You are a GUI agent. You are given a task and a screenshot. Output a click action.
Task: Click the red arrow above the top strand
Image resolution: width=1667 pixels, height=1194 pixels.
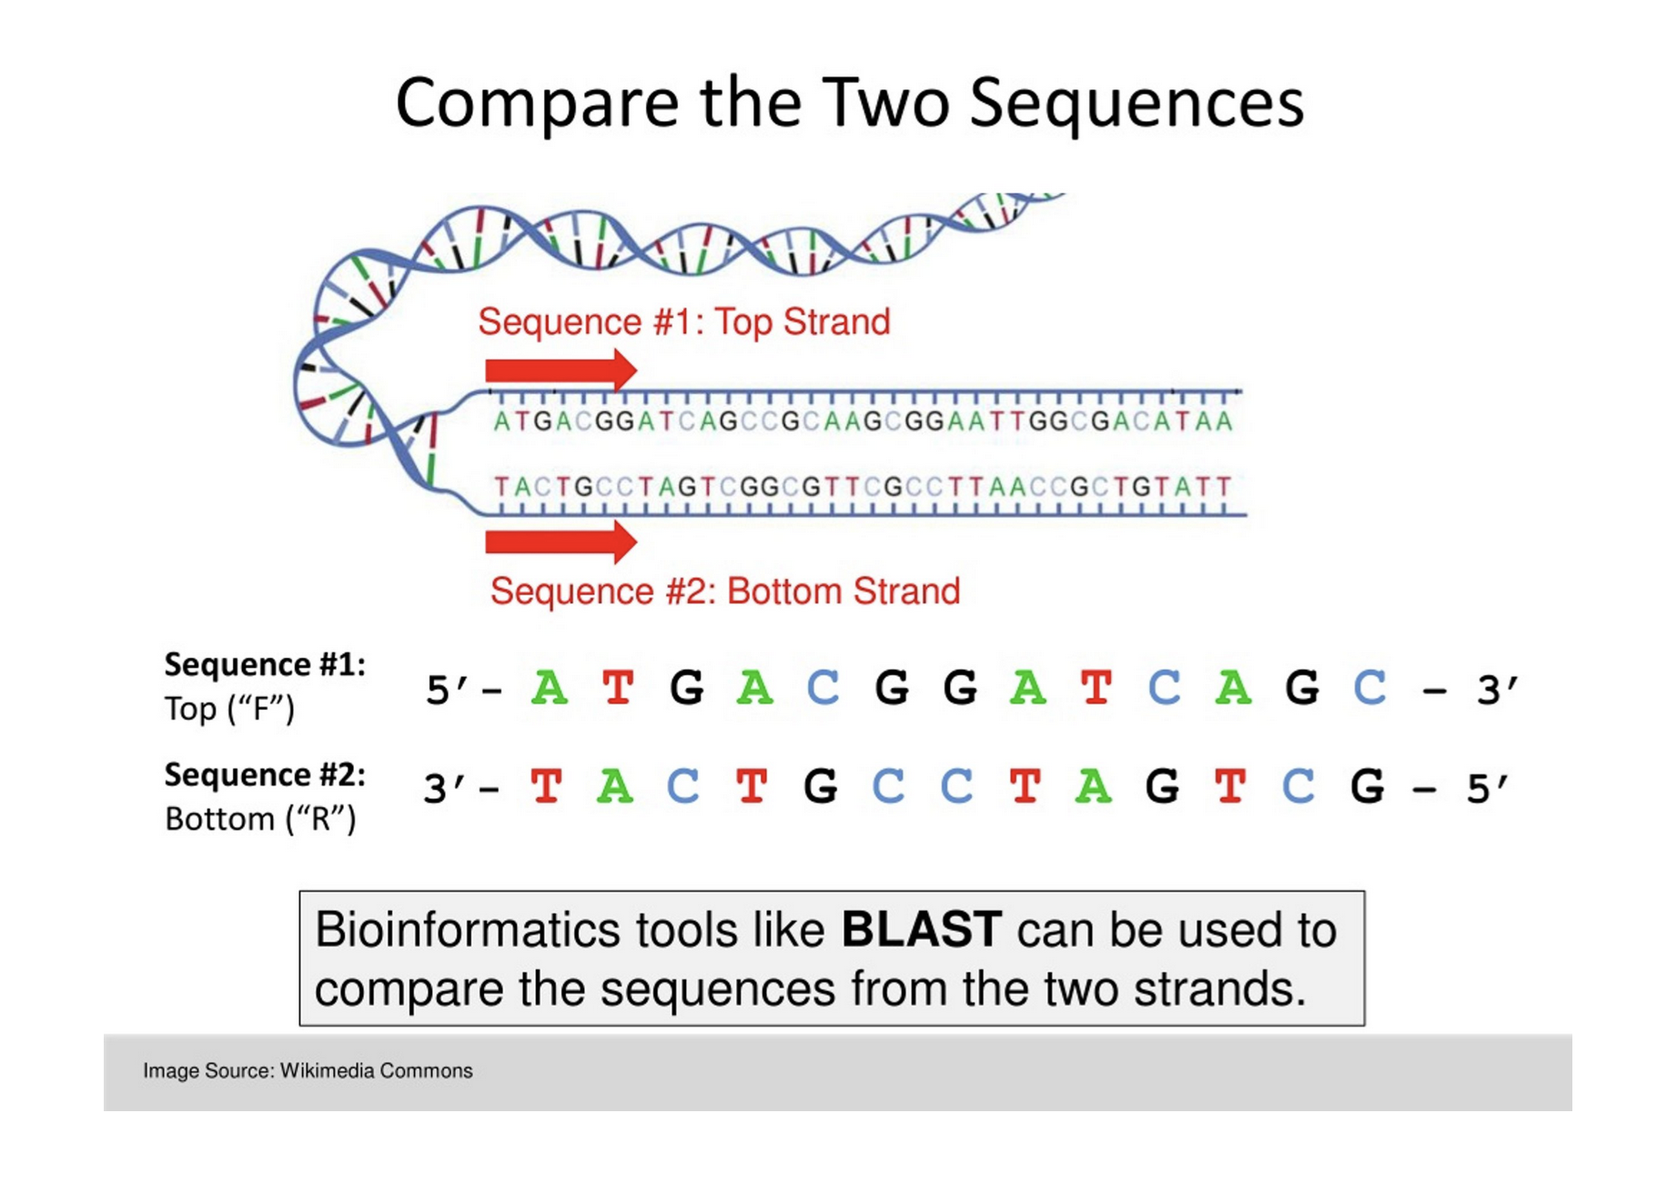click(x=561, y=369)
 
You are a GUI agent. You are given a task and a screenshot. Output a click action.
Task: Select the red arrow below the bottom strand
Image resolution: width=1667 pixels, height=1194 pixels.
click(x=561, y=541)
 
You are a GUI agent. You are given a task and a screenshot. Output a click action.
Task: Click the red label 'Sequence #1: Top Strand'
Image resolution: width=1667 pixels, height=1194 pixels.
click(x=683, y=321)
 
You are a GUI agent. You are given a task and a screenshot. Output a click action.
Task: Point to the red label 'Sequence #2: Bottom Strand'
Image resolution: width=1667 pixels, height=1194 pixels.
click(x=724, y=592)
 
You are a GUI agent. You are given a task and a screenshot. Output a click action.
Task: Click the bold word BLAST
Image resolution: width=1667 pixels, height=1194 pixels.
click(x=921, y=930)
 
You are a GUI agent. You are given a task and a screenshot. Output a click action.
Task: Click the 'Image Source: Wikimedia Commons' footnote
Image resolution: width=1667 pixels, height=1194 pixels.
click(x=308, y=1070)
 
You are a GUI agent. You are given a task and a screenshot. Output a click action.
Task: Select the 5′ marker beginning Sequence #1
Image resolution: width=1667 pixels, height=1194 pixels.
click(x=447, y=690)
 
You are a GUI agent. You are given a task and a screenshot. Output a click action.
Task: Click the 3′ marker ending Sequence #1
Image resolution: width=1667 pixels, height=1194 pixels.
click(x=1497, y=690)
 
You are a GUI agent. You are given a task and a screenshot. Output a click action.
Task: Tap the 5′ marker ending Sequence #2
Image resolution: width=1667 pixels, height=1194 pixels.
click(x=1487, y=788)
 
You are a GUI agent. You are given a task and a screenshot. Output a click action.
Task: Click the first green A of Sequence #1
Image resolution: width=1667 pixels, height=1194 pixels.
click(x=550, y=687)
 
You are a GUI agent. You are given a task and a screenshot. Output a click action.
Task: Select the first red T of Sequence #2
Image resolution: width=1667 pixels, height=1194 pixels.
click(x=546, y=786)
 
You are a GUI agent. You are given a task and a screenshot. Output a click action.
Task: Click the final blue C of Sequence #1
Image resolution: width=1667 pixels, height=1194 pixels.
click(x=1369, y=687)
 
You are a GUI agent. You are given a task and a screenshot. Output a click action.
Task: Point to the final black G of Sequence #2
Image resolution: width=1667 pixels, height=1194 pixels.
click(x=1367, y=786)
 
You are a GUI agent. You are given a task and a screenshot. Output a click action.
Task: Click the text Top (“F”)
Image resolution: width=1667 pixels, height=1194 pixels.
click(x=229, y=709)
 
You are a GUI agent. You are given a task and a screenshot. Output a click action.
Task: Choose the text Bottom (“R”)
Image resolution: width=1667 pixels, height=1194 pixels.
click(x=260, y=819)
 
